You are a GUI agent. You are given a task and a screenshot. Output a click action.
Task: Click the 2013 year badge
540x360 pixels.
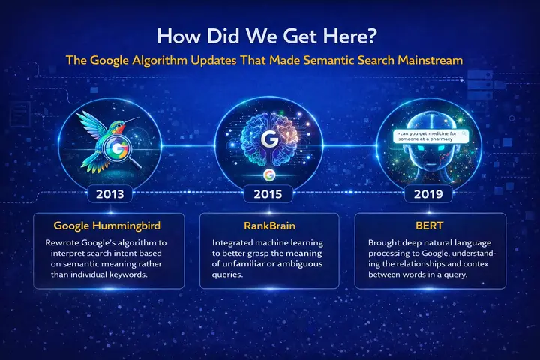(x=110, y=193)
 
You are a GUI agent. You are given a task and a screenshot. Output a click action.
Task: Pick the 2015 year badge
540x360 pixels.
(x=269, y=193)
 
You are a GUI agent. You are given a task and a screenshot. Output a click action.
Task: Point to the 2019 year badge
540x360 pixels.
(x=429, y=193)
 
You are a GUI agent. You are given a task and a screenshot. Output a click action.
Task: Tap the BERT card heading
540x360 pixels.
(x=429, y=225)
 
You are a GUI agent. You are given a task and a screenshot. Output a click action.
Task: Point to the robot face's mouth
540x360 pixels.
(x=429, y=170)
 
